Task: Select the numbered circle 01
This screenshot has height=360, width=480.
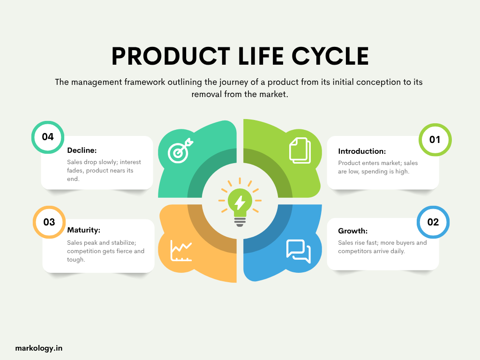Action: pos(435,140)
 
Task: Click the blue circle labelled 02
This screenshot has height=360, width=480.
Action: pos(433,222)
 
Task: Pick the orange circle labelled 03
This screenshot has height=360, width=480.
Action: pos(49,222)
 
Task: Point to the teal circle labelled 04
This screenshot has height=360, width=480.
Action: pos(48,137)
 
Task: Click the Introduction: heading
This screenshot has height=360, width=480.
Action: pos(362,151)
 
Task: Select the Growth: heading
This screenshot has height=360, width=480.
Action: pos(352,231)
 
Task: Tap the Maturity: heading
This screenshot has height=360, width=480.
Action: pos(84,230)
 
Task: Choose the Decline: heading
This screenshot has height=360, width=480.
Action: pos(82,150)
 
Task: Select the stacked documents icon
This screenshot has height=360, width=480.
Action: pos(300,150)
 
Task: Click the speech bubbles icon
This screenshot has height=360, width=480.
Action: pos(298,251)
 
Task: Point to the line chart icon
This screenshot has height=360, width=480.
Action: pos(181,250)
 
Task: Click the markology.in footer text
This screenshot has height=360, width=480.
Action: pos(39,348)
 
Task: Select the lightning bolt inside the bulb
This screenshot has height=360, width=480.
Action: pos(240,202)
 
